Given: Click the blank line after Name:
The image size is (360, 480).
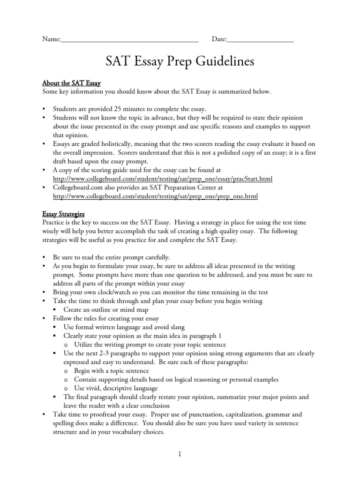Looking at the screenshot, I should [129, 41].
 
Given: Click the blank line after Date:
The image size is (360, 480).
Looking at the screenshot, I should [260, 41].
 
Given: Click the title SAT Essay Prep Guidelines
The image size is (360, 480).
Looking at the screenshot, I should [180, 62].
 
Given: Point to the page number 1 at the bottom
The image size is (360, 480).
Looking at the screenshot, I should [180, 454].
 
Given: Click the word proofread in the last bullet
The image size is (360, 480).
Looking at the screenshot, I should [108, 414].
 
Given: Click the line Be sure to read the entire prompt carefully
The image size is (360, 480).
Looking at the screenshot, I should [112, 257].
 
